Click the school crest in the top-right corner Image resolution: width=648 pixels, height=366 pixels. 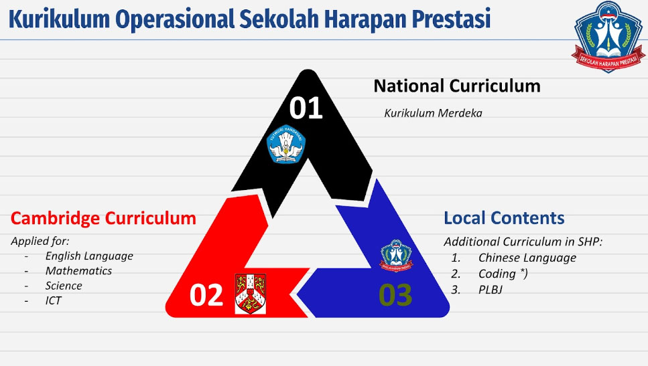pos(608,37)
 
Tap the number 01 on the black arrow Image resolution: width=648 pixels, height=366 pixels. pos(306,108)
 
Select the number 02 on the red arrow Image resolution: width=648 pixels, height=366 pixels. pos(206,295)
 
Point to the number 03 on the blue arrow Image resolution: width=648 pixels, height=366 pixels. pos(395,295)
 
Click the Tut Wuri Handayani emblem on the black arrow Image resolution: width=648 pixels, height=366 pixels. pos(286,144)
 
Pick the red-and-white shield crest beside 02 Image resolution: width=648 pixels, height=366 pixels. pos(251,293)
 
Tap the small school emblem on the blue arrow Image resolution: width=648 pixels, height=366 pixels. pos(396,256)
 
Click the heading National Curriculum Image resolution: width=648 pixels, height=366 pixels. pos(457,86)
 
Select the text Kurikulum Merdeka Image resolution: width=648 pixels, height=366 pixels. pos(433,113)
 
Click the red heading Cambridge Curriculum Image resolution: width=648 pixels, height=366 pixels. pos(103,218)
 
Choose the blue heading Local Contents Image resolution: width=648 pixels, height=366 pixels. pos(504,218)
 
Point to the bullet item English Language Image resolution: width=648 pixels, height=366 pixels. pos(89,256)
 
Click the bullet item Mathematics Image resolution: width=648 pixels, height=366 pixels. pos(78,271)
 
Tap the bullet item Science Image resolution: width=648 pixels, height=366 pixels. pos(64,286)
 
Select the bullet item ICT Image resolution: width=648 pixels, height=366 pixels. pos(54,300)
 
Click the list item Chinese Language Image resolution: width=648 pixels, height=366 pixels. pos(527,258)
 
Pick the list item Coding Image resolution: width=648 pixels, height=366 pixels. pos(503,274)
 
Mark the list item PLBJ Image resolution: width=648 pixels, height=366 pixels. pos(491,290)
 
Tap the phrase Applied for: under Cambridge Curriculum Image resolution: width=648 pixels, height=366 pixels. pos(40,241)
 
